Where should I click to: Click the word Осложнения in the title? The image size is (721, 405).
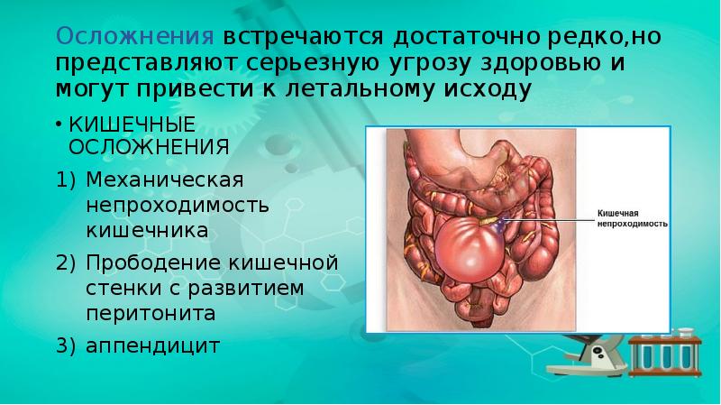pos(134,38)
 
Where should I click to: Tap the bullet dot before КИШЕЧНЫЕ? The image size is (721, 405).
pos(59,123)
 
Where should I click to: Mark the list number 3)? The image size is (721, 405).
pos(68,345)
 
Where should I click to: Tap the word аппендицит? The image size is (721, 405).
pos(153,345)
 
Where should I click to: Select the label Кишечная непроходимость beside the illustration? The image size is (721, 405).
pos(632,217)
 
